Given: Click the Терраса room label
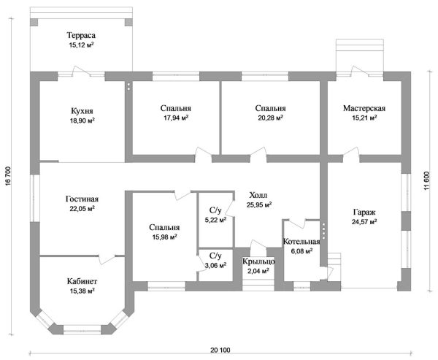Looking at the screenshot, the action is [x=81, y=36].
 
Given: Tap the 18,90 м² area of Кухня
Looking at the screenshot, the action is [x=82, y=120].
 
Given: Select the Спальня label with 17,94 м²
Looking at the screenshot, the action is [x=176, y=108].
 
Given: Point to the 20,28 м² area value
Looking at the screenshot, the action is [x=270, y=118].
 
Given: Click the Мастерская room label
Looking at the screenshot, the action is [x=364, y=108].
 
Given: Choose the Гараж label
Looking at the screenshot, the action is [x=364, y=212].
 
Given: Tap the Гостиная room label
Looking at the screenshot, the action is [x=82, y=199].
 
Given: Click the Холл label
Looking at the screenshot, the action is [x=258, y=195].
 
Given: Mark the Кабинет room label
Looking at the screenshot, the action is [x=82, y=281].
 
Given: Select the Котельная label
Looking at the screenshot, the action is [x=301, y=242].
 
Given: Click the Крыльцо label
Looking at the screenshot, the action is [x=258, y=261].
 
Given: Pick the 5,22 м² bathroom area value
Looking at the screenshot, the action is [x=215, y=220].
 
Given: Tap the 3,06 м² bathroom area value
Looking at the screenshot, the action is [x=215, y=266].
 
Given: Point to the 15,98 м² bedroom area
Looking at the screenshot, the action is [x=164, y=237].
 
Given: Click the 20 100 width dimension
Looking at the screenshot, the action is [x=220, y=350].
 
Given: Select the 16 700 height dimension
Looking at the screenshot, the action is [x=7, y=176].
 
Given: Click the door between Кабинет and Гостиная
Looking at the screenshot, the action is [x=107, y=258].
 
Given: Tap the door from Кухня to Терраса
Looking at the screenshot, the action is [x=81, y=71].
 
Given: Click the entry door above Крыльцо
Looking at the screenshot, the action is [x=258, y=245].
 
